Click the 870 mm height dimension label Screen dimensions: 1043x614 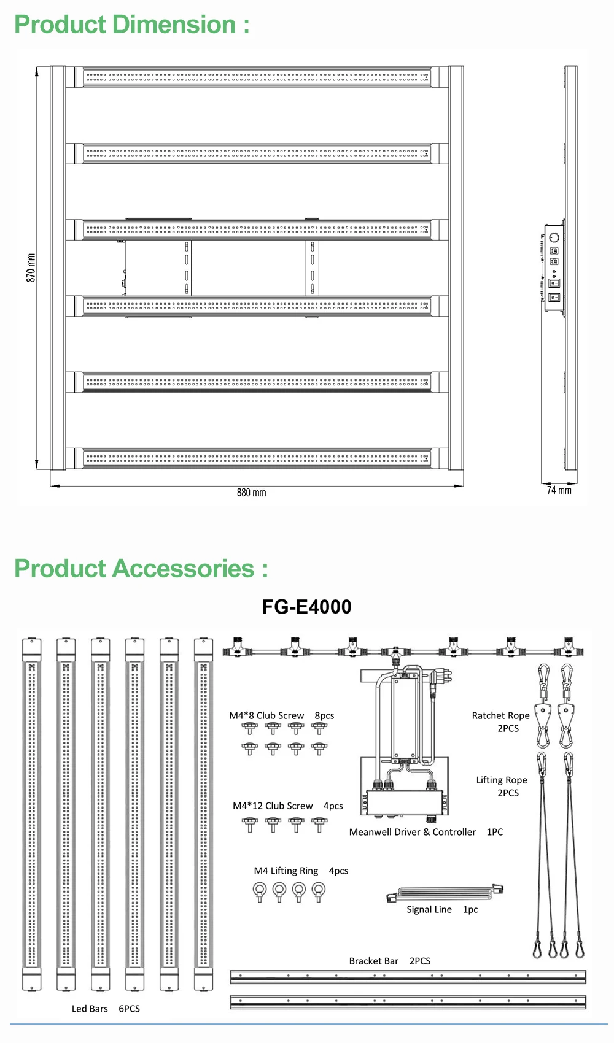pyautogui.click(x=31, y=268)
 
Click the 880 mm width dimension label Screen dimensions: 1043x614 pyautogui.click(x=251, y=493)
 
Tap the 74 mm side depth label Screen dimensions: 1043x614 pyautogui.click(x=559, y=490)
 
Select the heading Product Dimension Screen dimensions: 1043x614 pyautogui.click(x=131, y=25)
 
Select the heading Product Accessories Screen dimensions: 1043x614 pyautogui.click(x=141, y=569)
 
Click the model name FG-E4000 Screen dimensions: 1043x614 pyautogui.click(x=306, y=607)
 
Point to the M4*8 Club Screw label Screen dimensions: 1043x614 pyautogui.click(x=266, y=715)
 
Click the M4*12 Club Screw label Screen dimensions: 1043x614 pyautogui.click(x=273, y=806)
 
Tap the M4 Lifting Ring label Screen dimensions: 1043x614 pyautogui.click(x=286, y=871)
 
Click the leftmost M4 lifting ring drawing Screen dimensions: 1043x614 pyautogui.click(x=260, y=891)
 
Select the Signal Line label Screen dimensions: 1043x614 pyautogui.click(x=429, y=909)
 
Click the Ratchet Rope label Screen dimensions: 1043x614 pyautogui.click(x=500, y=715)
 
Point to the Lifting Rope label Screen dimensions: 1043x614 pyautogui.click(x=502, y=780)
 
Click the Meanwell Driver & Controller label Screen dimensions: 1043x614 pyautogui.click(x=413, y=832)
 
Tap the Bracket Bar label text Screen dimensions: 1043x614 pyautogui.click(x=374, y=961)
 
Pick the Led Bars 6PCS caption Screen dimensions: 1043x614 pyautogui.click(x=106, y=1009)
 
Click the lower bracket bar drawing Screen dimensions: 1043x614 pyautogui.click(x=408, y=1002)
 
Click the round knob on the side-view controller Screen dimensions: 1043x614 pyautogui.click(x=554, y=237)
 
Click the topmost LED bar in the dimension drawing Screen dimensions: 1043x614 pyautogui.click(x=257, y=78)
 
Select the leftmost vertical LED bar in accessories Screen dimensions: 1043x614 pyautogui.click(x=32, y=814)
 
